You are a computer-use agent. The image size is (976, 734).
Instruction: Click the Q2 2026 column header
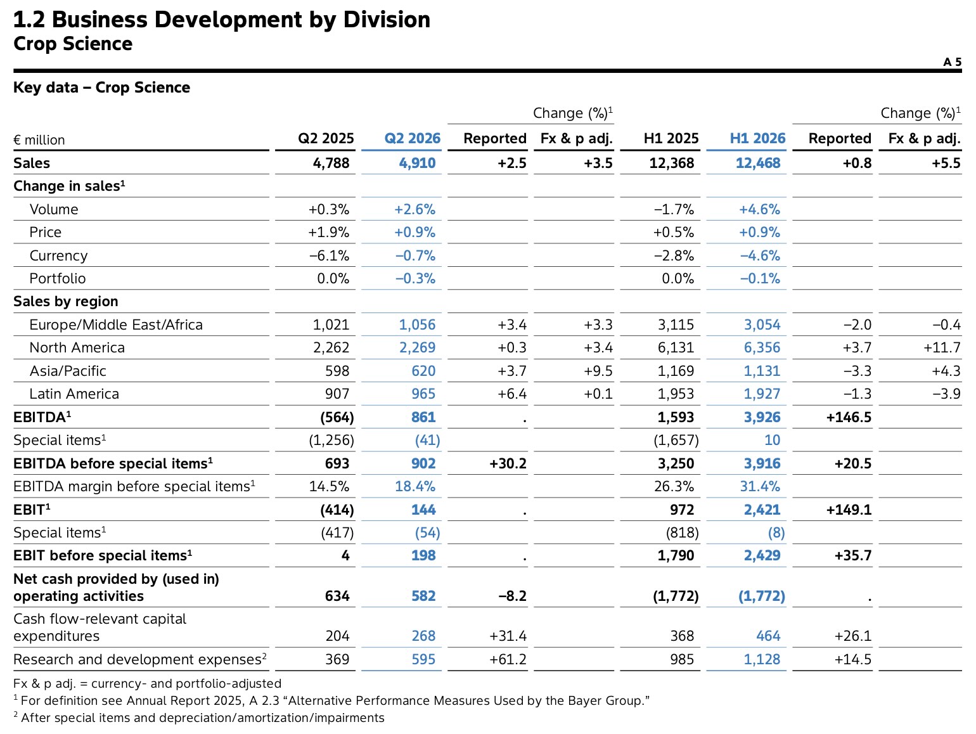tap(412, 138)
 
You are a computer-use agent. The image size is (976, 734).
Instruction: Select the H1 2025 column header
tap(671, 138)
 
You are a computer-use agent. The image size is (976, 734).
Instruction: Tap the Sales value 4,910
tap(417, 163)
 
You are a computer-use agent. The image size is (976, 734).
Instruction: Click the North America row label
tap(77, 347)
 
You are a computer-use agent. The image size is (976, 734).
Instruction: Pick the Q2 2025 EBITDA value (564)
tap(337, 417)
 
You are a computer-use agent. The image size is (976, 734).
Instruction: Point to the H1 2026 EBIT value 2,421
tap(762, 510)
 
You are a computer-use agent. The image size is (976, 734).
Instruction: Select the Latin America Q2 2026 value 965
tap(423, 394)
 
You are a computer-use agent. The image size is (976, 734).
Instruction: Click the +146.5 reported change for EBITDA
tap(849, 417)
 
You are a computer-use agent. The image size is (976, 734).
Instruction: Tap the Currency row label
tap(58, 255)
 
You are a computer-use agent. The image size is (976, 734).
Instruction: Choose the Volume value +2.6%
tap(415, 209)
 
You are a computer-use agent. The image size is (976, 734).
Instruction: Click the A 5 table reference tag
tap(952, 61)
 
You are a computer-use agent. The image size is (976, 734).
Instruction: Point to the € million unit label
tap(39, 140)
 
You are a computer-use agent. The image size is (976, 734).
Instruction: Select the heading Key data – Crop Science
tap(101, 87)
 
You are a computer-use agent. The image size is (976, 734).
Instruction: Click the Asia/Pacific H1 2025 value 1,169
tap(676, 371)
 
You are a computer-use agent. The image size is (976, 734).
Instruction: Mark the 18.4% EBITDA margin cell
tap(415, 486)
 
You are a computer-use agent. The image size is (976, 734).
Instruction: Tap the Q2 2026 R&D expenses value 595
tap(423, 659)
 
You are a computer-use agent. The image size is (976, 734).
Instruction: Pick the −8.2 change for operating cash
tap(512, 596)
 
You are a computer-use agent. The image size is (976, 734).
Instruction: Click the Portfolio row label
tap(58, 278)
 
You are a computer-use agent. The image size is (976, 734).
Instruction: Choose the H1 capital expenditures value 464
tap(768, 636)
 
